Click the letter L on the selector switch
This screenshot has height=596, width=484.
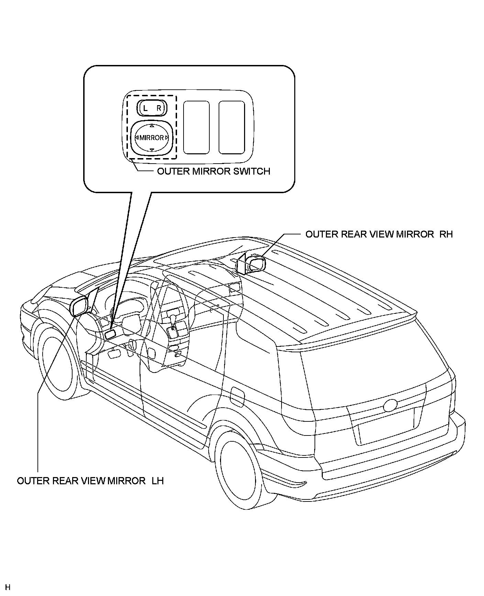click(145, 108)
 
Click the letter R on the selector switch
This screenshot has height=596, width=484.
click(159, 108)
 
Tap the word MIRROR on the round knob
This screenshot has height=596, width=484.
click(152, 138)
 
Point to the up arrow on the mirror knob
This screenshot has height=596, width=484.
click(152, 126)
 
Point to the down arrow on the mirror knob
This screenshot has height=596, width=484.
click(152, 150)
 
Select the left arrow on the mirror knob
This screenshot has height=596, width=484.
click(137, 138)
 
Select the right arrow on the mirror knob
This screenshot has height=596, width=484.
click(167, 138)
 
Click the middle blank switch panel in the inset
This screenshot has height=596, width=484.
click(196, 127)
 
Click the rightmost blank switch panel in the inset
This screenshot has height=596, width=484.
click(232, 127)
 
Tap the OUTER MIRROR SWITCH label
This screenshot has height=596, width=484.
click(213, 171)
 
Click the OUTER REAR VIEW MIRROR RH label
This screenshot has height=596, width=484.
click(379, 234)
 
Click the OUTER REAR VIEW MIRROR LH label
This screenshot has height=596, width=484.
click(90, 481)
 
